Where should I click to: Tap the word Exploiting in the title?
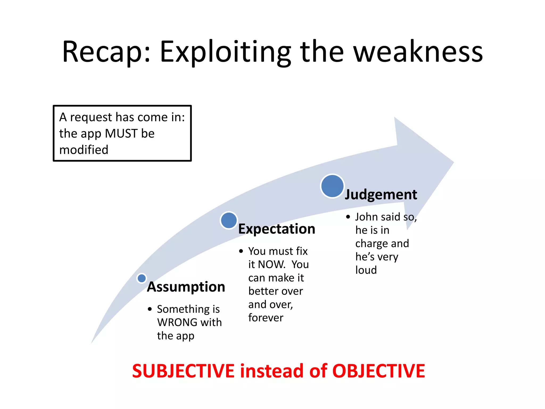click(x=225, y=52)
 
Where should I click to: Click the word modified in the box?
click(x=84, y=150)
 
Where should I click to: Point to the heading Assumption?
click(x=186, y=287)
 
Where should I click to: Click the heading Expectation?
click(x=276, y=229)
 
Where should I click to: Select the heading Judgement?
click(x=381, y=194)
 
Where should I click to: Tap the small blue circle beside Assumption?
click(x=142, y=278)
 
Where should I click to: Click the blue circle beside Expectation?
click(x=229, y=220)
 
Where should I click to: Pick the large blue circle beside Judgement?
click(x=332, y=186)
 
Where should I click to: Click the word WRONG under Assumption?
click(x=177, y=322)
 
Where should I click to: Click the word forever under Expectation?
click(x=266, y=318)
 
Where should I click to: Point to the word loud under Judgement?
click(x=366, y=270)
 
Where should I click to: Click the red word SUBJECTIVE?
click(x=183, y=371)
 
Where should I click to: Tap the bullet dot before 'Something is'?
click(x=150, y=309)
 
